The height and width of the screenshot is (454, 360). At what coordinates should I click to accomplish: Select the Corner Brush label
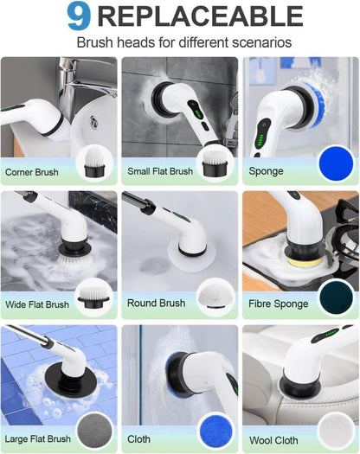point(32,172)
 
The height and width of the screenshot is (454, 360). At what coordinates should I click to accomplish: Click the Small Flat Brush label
point(159,172)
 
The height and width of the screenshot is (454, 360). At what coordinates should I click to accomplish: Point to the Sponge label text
point(267,171)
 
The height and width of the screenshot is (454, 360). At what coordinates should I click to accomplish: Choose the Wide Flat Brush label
point(37,304)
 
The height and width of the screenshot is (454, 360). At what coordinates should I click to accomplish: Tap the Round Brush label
point(156,304)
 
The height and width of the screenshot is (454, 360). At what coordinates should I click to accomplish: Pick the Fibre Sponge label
point(279,304)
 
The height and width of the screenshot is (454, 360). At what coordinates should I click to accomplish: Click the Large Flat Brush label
point(39,439)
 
